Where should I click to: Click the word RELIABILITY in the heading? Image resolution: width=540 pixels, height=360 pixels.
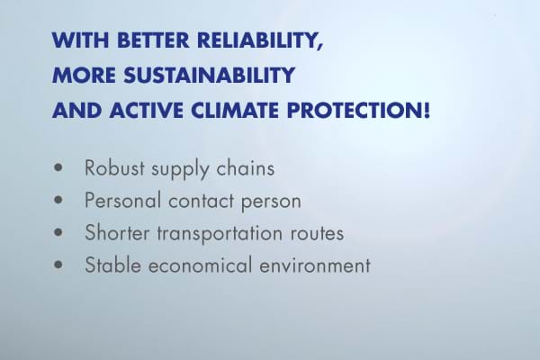click(x=260, y=40)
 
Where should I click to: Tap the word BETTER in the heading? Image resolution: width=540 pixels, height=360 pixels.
click(x=153, y=40)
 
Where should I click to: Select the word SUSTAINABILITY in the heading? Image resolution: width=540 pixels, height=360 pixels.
click(x=210, y=75)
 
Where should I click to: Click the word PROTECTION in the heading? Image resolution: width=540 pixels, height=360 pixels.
click(x=358, y=110)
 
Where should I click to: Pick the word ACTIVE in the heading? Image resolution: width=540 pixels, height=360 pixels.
click(x=147, y=110)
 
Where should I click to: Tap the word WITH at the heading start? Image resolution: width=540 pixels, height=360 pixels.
click(x=81, y=40)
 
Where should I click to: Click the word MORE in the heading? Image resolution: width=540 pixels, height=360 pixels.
click(x=84, y=75)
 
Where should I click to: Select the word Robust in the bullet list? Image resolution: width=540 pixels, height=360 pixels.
click(x=114, y=167)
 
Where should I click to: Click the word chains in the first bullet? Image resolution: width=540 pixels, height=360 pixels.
click(x=245, y=167)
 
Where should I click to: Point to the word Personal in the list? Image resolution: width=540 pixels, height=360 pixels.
click(x=123, y=200)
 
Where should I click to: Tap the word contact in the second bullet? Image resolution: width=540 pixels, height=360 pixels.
click(x=202, y=201)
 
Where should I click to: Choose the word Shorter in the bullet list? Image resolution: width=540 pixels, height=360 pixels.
click(x=117, y=232)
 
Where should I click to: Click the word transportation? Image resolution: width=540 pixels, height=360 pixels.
click(x=220, y=233)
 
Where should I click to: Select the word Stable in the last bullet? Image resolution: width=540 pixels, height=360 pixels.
click(x=113, y=265)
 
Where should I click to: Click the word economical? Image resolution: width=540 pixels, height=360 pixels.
click(x=200, y=265)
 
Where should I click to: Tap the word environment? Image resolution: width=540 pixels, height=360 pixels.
click(x=315, y=265)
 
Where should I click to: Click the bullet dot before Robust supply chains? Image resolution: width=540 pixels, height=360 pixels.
click(x=58, y=167)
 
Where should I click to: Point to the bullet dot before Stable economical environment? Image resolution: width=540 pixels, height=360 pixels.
click(x=58, y=265)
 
